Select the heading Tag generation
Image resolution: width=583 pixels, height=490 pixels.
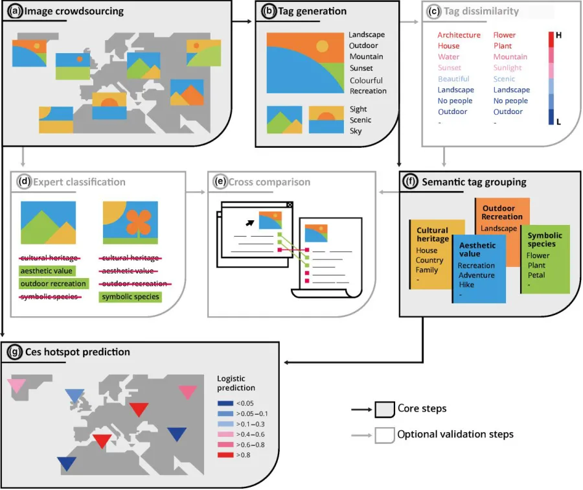tap(313, 11)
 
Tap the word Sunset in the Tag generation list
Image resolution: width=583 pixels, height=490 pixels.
tap(361, 67)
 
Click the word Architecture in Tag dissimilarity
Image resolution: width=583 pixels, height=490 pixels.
tap(459, 35)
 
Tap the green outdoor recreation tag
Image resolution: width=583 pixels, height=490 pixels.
tap(53, 284)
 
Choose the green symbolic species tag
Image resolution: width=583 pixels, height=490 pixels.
tap(130, 297)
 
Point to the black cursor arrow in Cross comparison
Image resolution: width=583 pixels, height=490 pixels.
tap(248, 222)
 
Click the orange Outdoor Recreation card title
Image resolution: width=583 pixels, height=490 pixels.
tap(502, 213)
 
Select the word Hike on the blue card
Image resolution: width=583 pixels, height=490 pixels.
tap(466, 285)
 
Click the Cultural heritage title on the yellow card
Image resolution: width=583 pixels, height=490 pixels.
tap(433, 234)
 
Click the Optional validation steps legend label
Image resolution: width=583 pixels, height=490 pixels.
tap(455, 434)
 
